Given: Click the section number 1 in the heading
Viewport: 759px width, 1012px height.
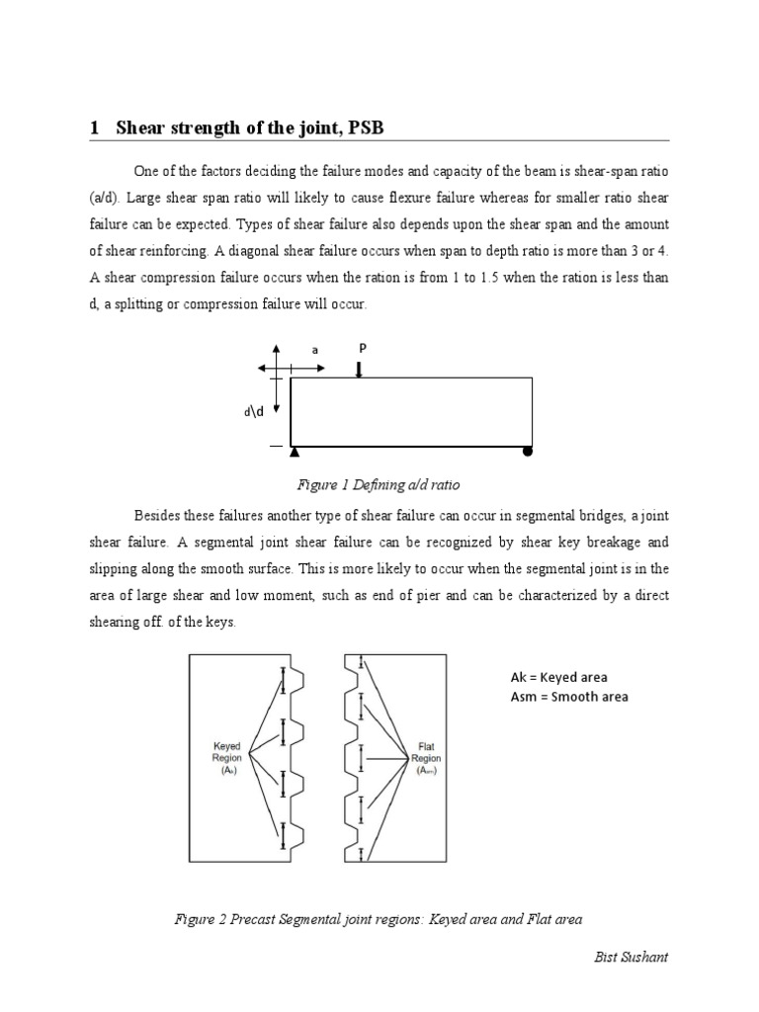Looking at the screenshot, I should coord(95,127).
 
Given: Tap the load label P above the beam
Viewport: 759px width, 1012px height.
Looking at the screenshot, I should coord(361,348).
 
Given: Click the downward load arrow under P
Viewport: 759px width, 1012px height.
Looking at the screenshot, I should coord(361,369).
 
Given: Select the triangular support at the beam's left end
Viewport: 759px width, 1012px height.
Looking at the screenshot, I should coord(295,453).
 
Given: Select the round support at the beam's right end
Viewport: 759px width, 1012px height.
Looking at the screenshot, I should coord(528,453).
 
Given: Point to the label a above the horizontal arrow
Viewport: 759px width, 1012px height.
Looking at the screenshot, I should coord(315,350).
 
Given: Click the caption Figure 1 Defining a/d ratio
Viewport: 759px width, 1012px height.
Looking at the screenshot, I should coord(379,485).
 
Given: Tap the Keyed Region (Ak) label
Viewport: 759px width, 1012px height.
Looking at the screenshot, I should coord(226,758).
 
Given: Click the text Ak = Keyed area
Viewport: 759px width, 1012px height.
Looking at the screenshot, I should coord(558,677).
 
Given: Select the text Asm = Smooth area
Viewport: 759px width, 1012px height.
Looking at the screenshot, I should coord(568,696).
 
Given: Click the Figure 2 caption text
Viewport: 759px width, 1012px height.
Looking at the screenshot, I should coord(378,918).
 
